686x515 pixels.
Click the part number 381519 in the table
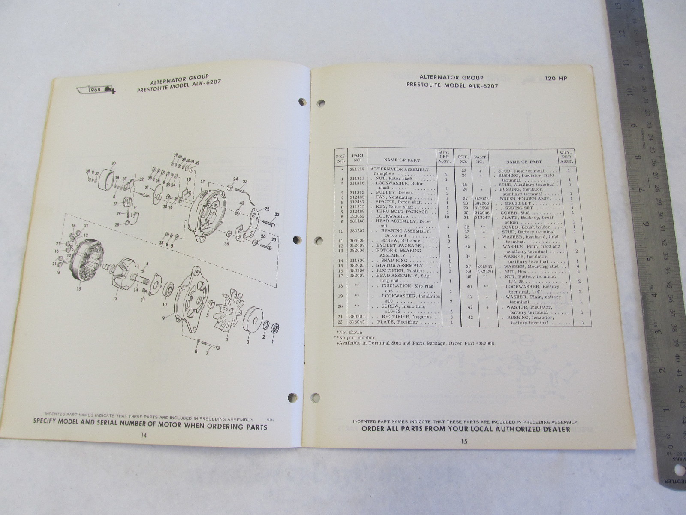click(358, 170)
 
